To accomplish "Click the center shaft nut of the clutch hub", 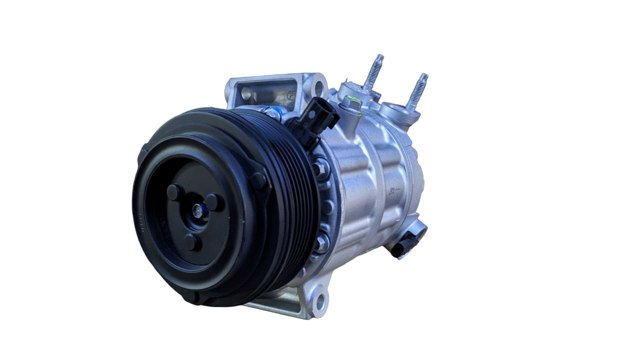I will [196, 209].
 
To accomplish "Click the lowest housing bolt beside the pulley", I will [318, 245].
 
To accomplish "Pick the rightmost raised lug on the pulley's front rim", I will [259, 181].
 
